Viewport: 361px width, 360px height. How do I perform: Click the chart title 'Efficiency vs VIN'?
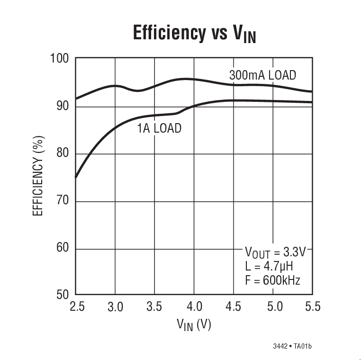194,34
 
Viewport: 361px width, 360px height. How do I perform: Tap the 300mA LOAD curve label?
262,75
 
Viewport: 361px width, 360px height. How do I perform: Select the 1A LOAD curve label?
159,128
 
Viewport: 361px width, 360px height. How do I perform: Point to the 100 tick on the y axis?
59,59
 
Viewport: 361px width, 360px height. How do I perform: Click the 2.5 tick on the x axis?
76,307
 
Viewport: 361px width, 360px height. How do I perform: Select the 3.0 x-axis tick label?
115,307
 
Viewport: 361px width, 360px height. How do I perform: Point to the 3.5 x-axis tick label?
154,307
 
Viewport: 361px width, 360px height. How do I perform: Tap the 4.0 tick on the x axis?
194,307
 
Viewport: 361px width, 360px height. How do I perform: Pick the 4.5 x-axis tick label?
233,307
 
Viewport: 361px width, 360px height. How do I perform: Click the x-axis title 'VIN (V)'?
194,325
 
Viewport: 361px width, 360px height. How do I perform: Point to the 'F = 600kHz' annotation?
272,280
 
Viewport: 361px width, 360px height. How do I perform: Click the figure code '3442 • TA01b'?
292,346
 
